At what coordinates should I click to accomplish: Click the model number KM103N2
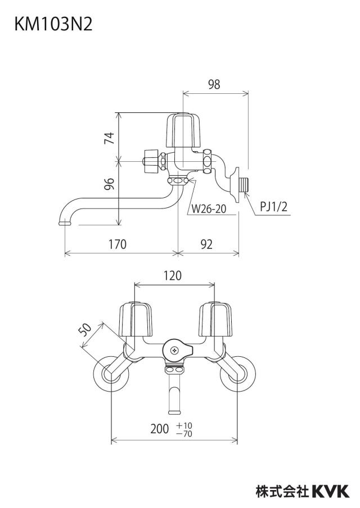pos(53,25)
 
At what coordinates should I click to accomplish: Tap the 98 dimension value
pos(214,84)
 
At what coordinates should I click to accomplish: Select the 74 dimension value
pos(110,138)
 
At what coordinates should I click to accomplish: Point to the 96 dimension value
pos(110,184)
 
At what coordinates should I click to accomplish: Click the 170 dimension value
pos(117,244)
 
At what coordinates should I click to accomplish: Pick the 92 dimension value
pos(206,244)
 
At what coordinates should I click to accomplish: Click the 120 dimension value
pos(172,276)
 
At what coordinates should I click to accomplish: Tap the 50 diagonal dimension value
pos(85,330)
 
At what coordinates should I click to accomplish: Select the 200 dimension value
pos(160,429)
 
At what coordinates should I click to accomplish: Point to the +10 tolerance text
pos(184,425)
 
